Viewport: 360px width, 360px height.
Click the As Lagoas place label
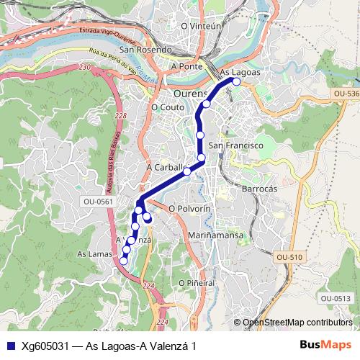pos(240,73)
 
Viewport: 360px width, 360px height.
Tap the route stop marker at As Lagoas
pos(235,81)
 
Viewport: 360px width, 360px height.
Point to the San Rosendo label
pos(145,50)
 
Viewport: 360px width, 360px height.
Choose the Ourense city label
pos(191,94)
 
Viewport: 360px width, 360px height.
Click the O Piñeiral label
pos(191,283)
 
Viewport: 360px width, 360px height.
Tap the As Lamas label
pos(91,254)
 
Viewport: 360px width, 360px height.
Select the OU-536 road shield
pos(346,94)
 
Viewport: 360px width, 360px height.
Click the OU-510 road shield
pos(289,257)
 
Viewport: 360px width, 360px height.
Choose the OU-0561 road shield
pos(98,202)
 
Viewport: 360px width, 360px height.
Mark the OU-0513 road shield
pos(336,298)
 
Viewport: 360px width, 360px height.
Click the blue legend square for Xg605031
pos(11,346)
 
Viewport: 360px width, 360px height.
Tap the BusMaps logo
pos(325,345)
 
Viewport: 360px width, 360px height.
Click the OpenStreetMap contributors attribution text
pos(297,322)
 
